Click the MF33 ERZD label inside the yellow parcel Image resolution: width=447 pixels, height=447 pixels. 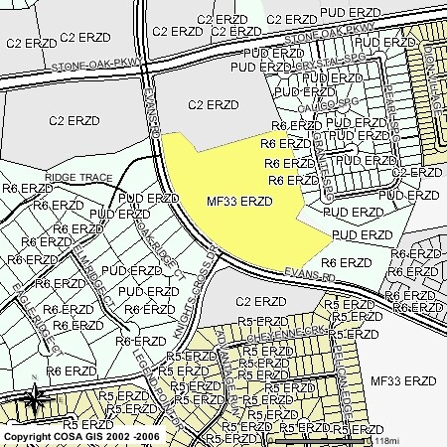[x=238, y=201]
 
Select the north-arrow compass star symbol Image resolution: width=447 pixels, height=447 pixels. [x=36, y=399]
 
